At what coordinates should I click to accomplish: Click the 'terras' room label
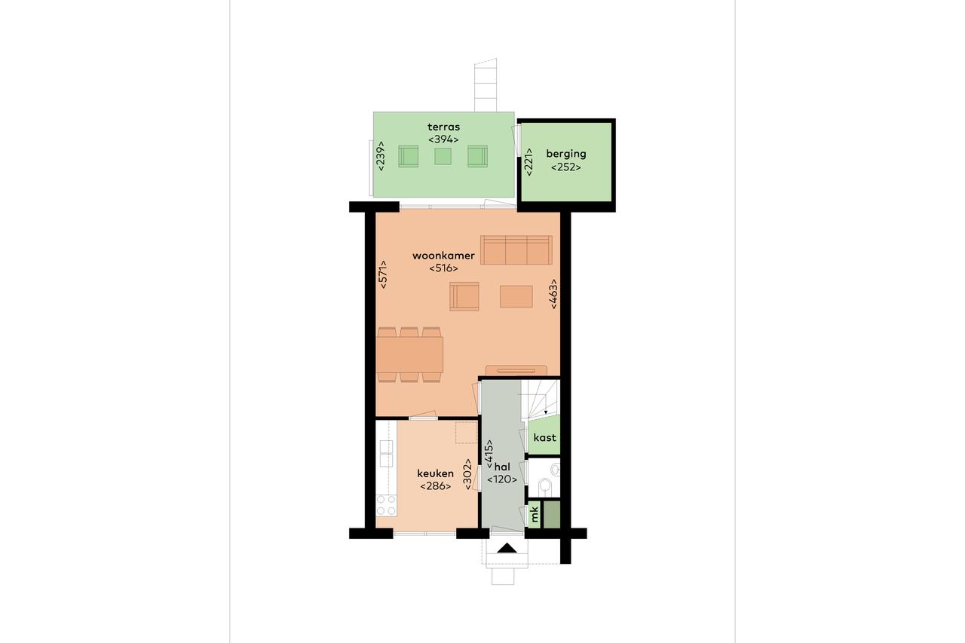coord(443,127)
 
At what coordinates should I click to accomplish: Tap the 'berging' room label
coord(566,155)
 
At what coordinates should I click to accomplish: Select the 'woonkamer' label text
coord(443,256)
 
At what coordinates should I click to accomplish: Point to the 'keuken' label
coord(435,473)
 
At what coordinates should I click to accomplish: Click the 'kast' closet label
coord(544,437)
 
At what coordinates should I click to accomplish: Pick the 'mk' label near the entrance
coord(534,514)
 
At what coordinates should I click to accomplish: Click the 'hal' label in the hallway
coord(502,467)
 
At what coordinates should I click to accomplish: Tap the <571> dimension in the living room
coord(382,274)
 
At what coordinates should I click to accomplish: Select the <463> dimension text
coord(553,294)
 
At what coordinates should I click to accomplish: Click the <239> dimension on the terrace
coord(381,156)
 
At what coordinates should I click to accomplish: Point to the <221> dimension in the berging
coord(528,162)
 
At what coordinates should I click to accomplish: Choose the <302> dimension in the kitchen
coord(468,474)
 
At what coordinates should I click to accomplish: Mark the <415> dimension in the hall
coord(489,455)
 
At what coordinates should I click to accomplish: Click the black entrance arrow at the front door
coord(507,547)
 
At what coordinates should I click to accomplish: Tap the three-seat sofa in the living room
coord(516,250)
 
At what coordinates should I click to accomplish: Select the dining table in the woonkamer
coord(409,354)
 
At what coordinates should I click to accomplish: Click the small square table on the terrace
coord(443,156)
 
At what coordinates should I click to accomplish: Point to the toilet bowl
coord(545,485)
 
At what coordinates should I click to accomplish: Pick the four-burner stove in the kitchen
coord(387,505)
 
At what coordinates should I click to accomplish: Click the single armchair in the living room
coord(464,296)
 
